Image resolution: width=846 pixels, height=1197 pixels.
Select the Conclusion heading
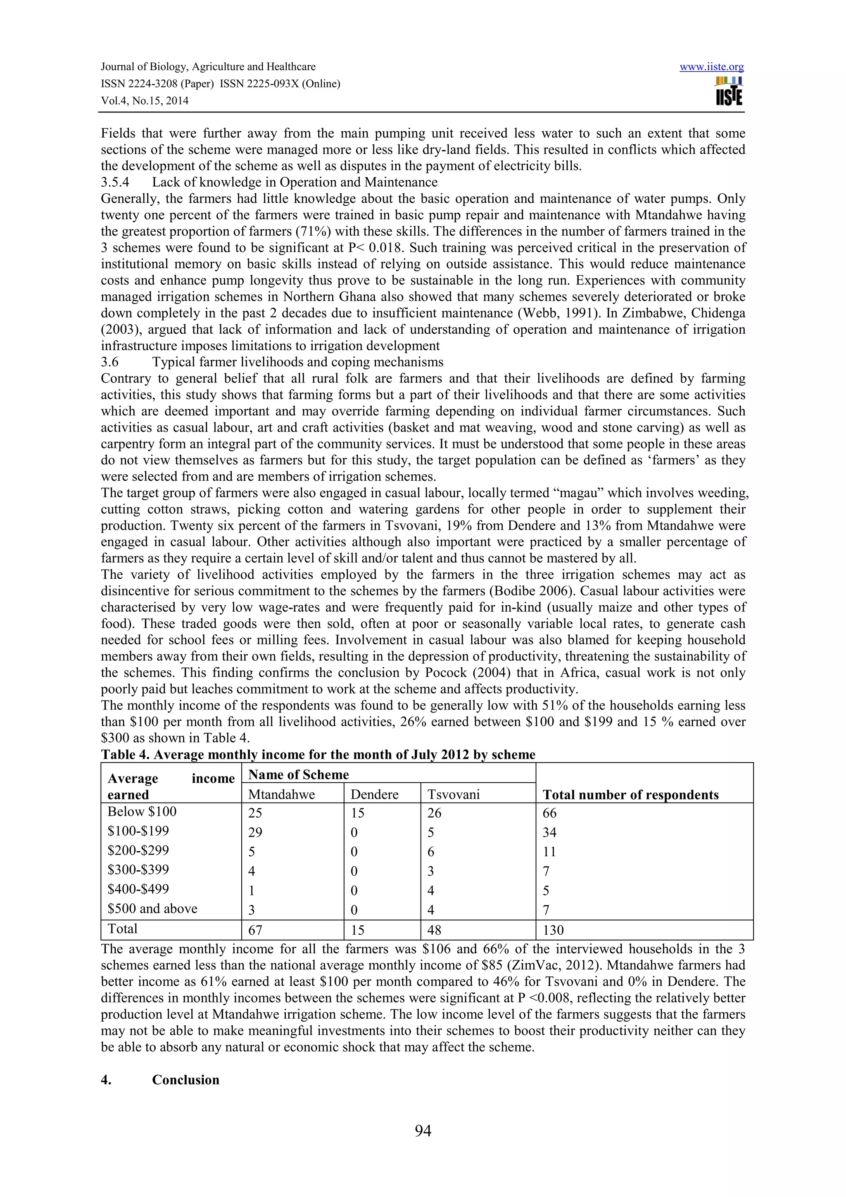click(185, 1080)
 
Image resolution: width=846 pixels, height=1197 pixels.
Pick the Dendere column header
click(374, 795)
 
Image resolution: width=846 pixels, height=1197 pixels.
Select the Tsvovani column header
click(454, 795)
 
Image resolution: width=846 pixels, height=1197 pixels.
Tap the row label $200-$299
click(138, 850)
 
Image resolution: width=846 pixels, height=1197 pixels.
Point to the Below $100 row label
click(142, 812)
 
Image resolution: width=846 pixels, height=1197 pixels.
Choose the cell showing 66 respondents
click(549, 813)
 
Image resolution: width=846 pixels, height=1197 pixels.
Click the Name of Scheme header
click(298, 775)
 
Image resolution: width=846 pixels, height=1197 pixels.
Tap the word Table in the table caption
click(118, 755)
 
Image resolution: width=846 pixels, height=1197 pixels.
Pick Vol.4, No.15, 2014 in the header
click(145, 101)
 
